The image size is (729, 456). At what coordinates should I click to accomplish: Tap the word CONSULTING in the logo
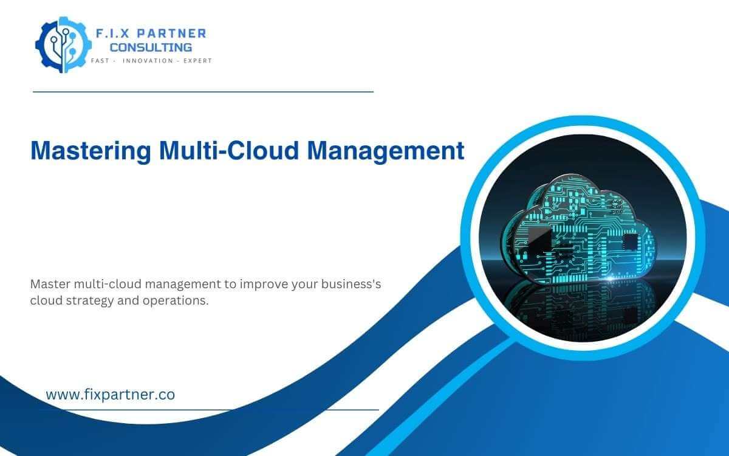pyautogui.click(x=151, y=47)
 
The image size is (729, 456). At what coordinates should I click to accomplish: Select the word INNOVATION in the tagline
pyautogui.click(x=148, y=61)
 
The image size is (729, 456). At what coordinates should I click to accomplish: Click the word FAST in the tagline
pyautogui.click(x=100, y=61)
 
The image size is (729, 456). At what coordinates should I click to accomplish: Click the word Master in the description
pyautogui.click(x=50, y=284)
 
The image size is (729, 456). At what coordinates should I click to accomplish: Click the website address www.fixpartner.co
pyautogui.click(x=111, y=395)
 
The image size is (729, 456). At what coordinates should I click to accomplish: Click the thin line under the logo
pyautogui.click(x=203, y=92)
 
